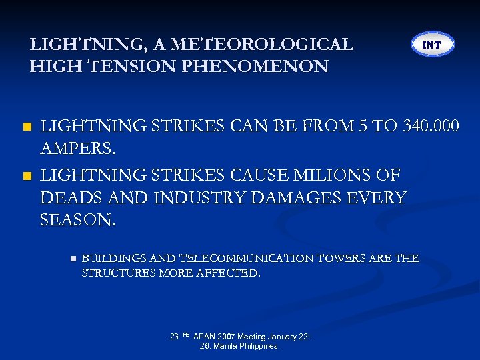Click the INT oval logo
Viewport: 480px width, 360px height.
pos(432,45)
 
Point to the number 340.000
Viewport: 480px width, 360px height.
pos(427,125)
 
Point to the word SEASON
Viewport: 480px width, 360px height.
pos(78,219)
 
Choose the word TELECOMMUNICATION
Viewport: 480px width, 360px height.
pos(247,258)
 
